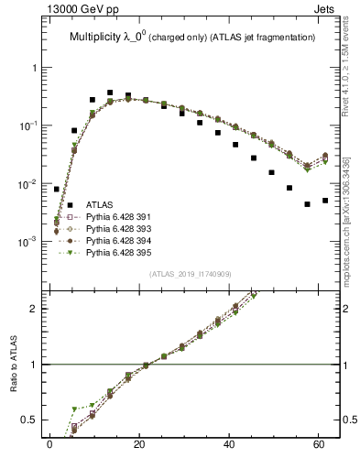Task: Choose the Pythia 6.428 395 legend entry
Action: [x=109, y=250]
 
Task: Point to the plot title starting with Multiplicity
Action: [x=192, y=37]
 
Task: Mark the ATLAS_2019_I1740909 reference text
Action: [x=192, y=274]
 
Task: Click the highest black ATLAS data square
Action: [x=110, y=93]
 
